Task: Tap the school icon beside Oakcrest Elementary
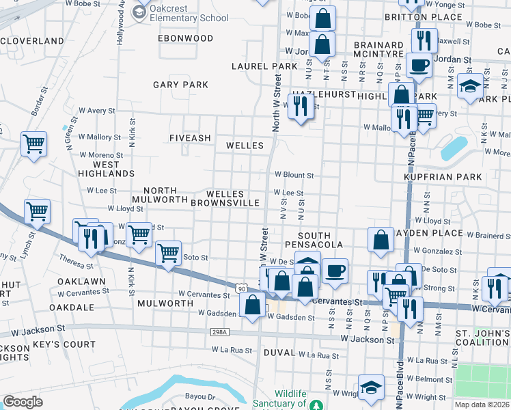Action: click(140, 12)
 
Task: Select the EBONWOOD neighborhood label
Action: click(186, 38)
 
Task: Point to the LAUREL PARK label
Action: click(264, 66)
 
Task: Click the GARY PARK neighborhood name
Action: click(180, 85)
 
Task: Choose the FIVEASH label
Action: click(191, 138)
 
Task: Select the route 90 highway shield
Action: click(243, 288)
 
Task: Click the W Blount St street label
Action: click(294, 175)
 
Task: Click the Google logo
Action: click(23, 402)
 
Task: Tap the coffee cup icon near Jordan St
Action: click(418, 65)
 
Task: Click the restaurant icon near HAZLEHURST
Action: click(301, 105)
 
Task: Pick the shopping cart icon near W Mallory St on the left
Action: click(33, 143)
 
